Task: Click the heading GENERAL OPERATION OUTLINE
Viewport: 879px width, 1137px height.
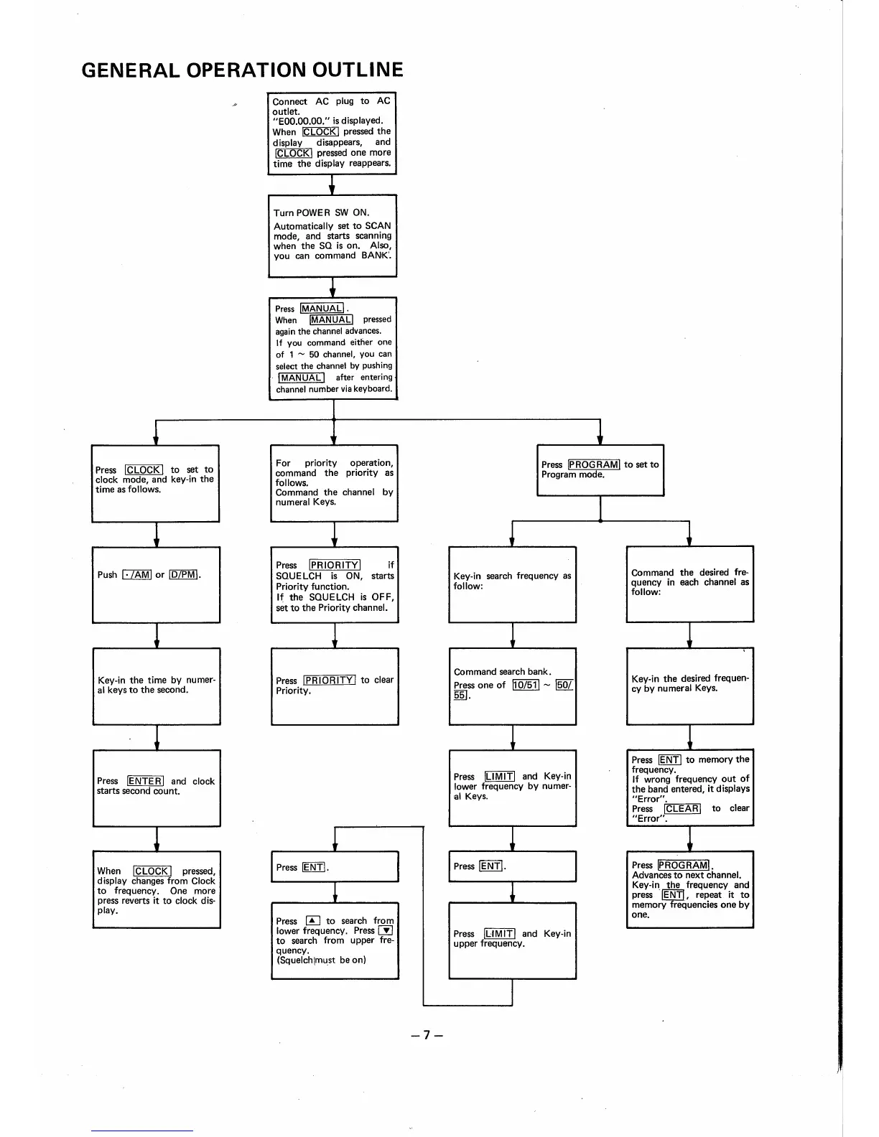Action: tap(242, 70)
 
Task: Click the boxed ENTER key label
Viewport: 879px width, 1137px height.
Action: tap(145, 781)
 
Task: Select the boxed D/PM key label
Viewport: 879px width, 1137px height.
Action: tap(183, 574)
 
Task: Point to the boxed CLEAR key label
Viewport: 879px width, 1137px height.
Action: tap(682, 808)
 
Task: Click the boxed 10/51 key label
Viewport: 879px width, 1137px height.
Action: tap(526, 685)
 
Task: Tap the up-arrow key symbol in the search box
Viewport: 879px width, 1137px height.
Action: tap(312, 921)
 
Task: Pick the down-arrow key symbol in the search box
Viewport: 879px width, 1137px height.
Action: tap(386, 931)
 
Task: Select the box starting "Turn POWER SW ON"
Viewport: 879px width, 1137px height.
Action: tap(332, 235)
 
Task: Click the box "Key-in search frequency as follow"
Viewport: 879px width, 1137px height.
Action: tap(512, 584)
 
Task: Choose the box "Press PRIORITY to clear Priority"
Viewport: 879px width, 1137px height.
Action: tap(335, 686)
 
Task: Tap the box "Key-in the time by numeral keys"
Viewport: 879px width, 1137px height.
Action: tap(157, 686)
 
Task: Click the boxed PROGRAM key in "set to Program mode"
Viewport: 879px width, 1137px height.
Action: tap(594, 464)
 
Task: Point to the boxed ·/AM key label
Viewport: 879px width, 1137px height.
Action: tap(137, 574)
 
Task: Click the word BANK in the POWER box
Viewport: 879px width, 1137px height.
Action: tap(376, 256)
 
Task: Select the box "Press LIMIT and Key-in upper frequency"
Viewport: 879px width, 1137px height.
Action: tap(512, 940)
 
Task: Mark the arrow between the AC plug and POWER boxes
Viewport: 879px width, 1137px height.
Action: tap(332, 184)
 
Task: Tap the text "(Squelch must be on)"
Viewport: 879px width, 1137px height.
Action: tap(321, 960)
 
